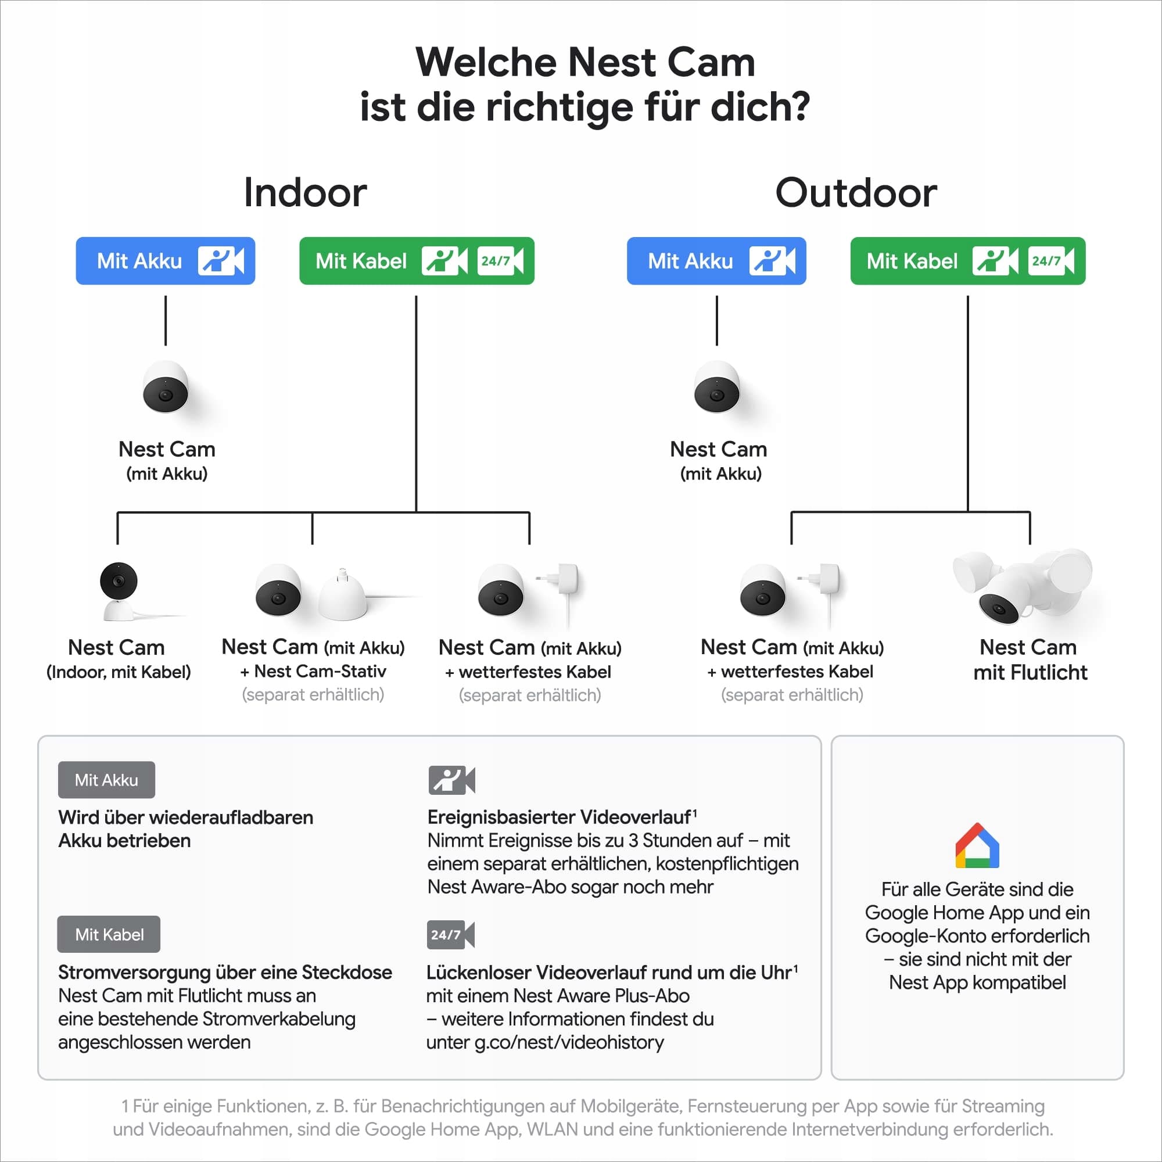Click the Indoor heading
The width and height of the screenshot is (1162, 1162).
coord(305,193)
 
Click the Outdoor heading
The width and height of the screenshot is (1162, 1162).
coord(855,193)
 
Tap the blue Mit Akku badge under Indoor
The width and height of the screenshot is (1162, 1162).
coord(166,261)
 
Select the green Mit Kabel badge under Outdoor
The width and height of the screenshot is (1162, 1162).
coord(967,261)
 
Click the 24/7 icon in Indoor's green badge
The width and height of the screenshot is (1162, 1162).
coord(499,261)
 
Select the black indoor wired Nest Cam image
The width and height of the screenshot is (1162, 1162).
coord(119,591)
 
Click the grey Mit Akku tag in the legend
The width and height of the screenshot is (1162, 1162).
coord(106,780)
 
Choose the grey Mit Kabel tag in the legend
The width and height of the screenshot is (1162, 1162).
coord(109,934)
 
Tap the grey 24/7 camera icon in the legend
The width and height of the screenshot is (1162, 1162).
coord(450,935)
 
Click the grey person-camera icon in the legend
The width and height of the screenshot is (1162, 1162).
coord(451,780)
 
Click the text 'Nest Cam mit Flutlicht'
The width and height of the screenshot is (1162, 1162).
coord(1030,660)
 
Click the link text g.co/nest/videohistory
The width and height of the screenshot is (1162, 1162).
coord(568,1042)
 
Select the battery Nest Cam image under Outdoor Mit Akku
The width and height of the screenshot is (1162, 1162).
coord(716,388)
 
